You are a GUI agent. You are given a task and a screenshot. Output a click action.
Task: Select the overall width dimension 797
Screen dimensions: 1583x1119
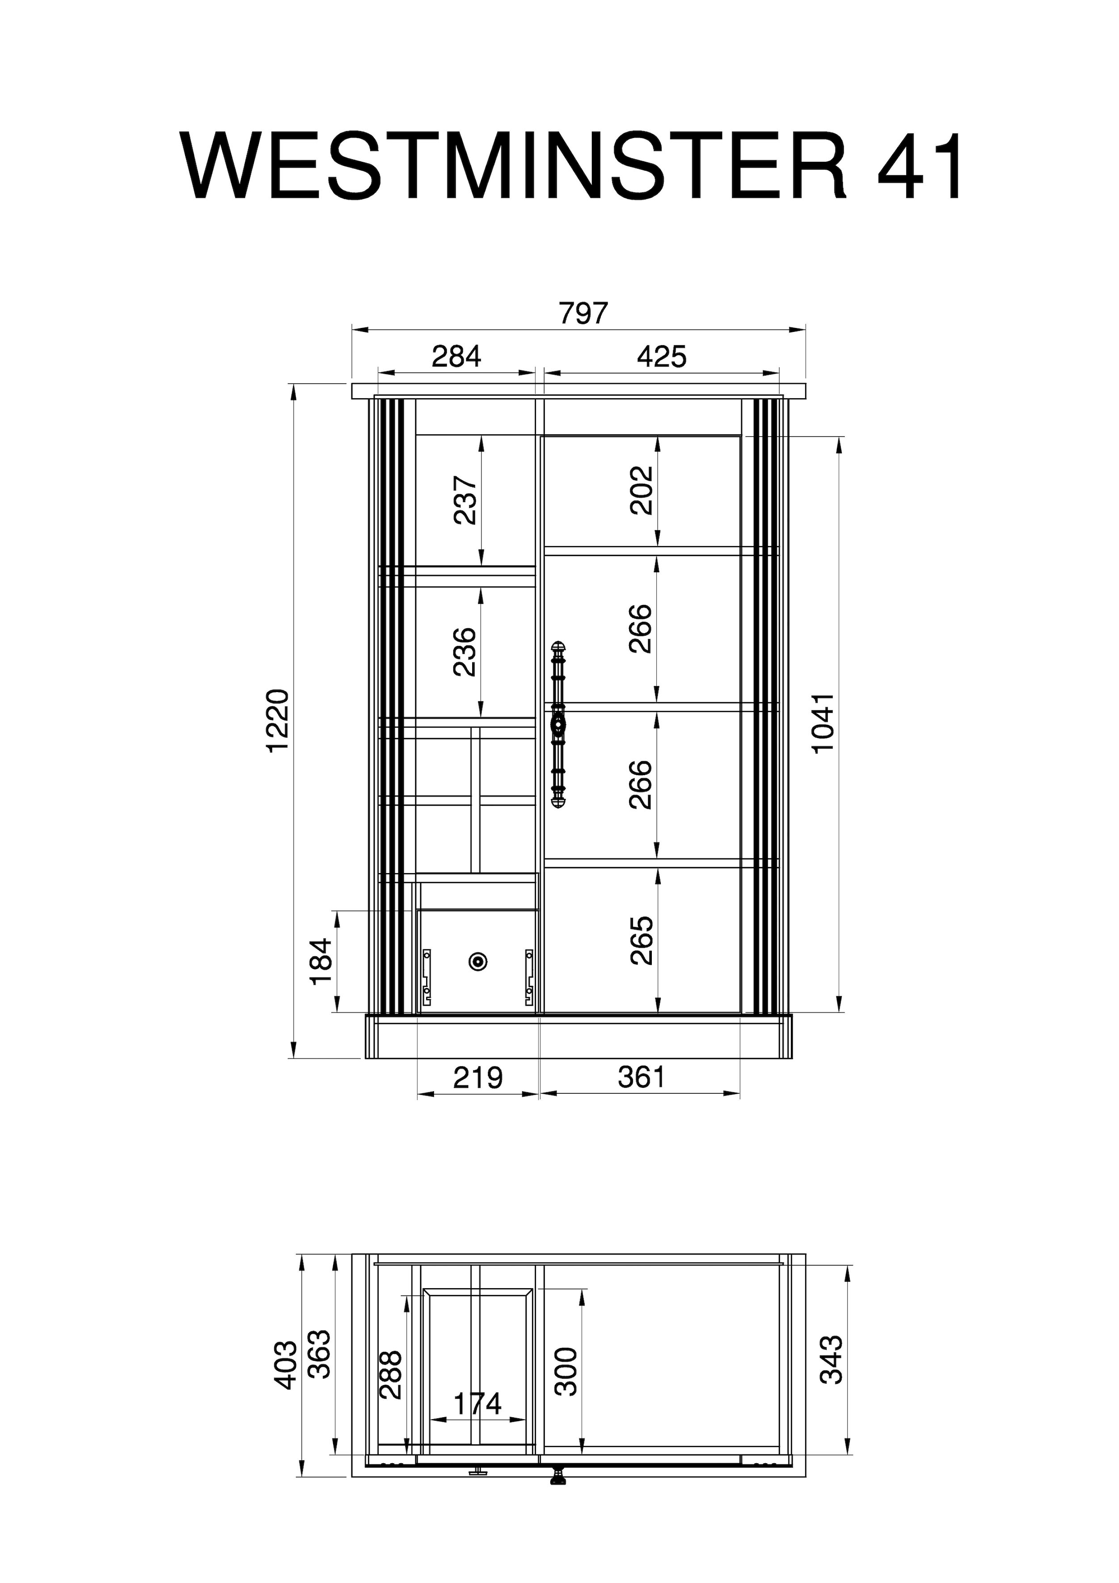[x=584, y=313]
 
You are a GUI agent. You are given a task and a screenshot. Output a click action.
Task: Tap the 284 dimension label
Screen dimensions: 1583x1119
[x=457, y=357]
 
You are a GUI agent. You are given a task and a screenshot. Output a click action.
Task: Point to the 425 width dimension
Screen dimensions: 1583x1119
[x=662, y=357]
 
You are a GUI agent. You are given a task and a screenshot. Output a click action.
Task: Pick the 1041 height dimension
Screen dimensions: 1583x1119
[x=823, y=724]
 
